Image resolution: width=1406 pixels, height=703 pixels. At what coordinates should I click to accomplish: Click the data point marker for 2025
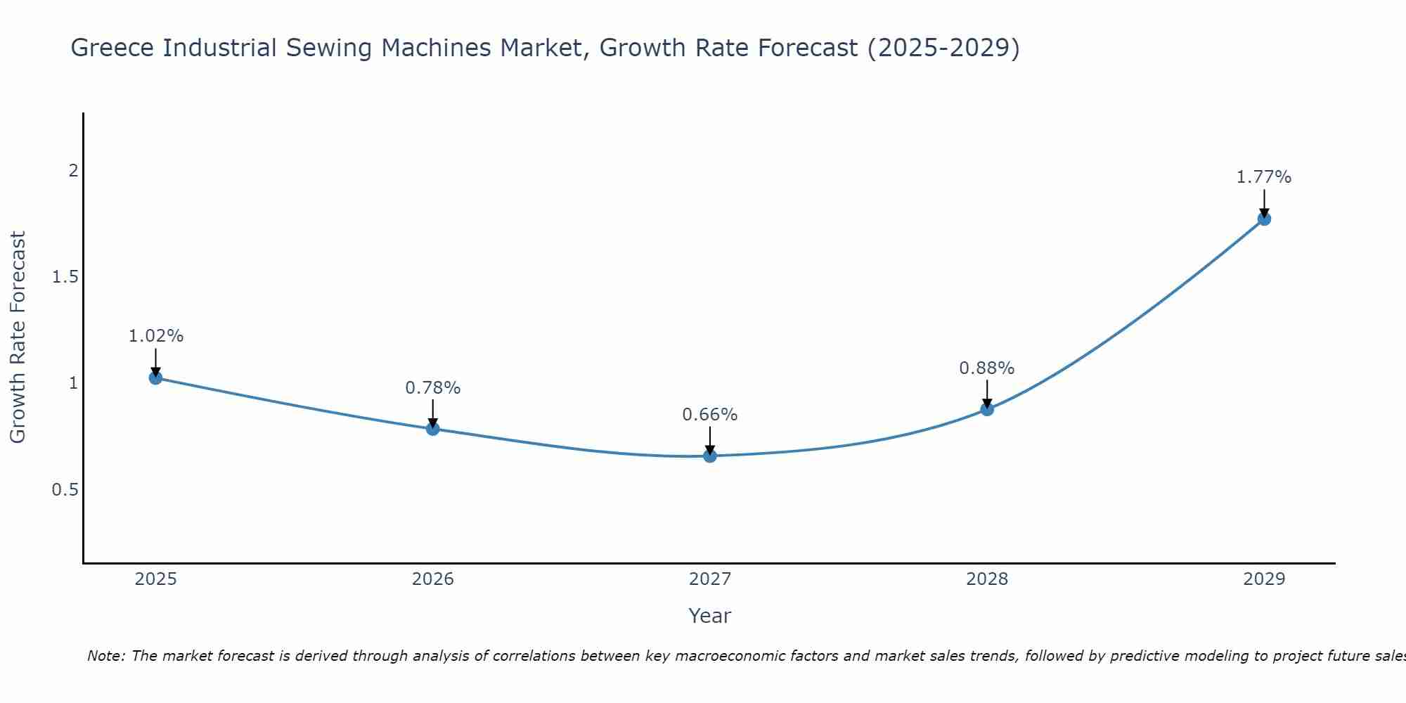[155, 378]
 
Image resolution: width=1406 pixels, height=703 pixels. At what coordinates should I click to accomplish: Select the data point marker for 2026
[432, 428]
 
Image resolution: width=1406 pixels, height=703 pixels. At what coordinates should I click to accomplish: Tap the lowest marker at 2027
[709, 456]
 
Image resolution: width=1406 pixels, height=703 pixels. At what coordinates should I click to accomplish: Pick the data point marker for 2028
[986, 408]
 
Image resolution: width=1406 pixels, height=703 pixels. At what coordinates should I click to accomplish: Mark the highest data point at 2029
[1263, 219]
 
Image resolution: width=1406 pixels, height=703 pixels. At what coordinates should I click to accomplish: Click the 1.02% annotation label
[155, 336]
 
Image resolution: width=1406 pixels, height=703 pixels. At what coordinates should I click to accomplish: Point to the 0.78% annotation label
[432, 387]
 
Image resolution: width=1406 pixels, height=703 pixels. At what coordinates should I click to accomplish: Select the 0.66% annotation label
[709, 415]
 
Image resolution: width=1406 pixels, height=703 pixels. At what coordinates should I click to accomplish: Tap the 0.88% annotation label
[986, 368]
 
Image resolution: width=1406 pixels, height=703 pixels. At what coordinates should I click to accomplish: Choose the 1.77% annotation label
[1263, 177]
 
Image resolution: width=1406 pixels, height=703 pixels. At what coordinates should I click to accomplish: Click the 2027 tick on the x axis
[709, 579]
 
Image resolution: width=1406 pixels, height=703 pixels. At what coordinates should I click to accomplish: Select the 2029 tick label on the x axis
[1263, 579]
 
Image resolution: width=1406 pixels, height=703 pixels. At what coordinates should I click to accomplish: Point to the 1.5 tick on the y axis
[65, 277]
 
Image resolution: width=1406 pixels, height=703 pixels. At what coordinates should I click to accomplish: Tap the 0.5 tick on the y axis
[65, 489]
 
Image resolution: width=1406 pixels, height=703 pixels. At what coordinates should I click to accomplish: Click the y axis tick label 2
[72, 171]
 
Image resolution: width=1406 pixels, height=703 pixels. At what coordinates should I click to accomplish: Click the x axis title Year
[709, 616]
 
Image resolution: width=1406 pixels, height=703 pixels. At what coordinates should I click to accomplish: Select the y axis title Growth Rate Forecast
[18, 337]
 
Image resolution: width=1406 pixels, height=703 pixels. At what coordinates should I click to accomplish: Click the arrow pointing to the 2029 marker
[1263, 204]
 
